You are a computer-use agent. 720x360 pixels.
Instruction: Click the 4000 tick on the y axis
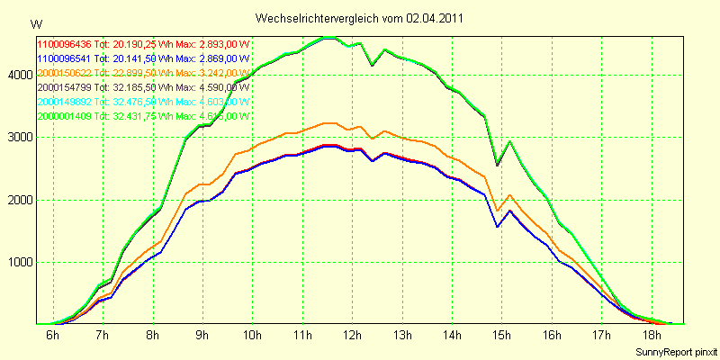(18, 75)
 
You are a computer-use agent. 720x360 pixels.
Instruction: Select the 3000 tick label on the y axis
(18, 138)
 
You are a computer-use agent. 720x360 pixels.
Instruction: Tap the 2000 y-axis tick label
(18, 200)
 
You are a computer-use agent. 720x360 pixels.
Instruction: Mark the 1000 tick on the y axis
(18, 263)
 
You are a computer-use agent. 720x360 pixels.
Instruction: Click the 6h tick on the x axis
(52, 336)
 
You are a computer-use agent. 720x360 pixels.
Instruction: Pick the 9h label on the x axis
(202, 336)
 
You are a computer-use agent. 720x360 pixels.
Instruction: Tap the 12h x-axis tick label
(353, 336)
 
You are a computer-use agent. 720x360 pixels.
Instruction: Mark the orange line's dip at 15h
(498, 211)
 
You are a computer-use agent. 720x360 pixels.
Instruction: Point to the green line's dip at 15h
(497, 165)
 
